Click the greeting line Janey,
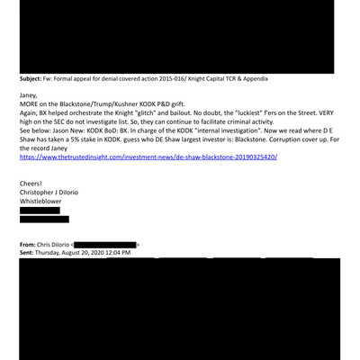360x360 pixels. click(30, 94)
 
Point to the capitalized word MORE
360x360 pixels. click(31, 105)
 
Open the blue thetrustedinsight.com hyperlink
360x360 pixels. click(148, 157)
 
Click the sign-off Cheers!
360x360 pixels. click(33, 184)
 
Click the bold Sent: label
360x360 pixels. click(29, 253)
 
